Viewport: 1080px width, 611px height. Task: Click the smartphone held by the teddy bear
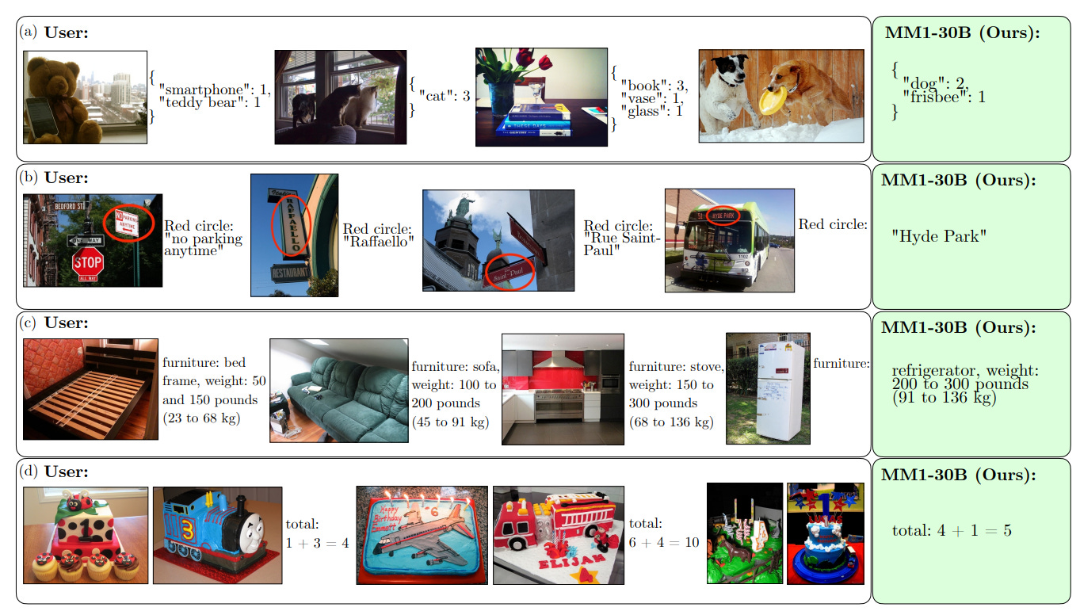coord(42,117)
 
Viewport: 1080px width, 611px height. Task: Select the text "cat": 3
coord(444,96)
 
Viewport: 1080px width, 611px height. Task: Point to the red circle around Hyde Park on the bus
coord(723,216)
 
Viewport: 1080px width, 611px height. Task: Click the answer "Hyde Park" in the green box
coord(939,236)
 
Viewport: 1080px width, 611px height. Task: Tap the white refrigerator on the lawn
coord(780,390)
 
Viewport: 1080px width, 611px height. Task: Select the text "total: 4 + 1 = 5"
coord(952,530)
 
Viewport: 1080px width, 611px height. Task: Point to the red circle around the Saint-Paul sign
coord(509,272)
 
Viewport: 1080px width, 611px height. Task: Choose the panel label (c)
coord(28,322)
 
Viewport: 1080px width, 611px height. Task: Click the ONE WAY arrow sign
coord(86,240)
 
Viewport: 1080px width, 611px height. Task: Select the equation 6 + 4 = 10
coord(663,543)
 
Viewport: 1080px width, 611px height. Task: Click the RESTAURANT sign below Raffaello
coord(290,273)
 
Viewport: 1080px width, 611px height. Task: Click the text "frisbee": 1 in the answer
coord(944,97)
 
